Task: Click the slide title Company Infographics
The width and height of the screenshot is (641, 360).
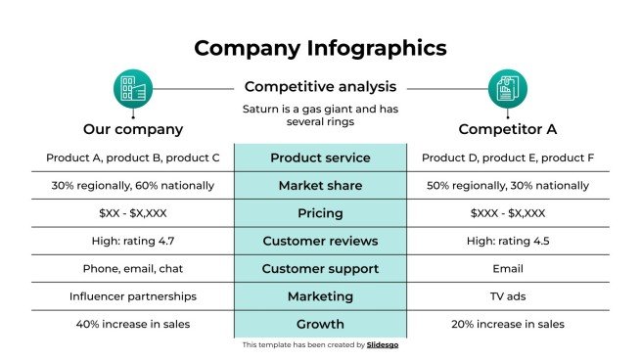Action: click(320, 48)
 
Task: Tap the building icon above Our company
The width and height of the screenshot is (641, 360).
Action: click(133, 89)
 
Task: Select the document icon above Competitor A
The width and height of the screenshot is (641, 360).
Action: click(507, 89)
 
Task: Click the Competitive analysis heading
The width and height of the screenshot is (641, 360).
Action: click(320, 86)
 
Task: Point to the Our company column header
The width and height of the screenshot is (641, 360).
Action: click(133, 129)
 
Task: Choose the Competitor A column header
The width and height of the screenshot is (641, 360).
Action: click(507, 129)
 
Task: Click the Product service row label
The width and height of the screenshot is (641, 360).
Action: click(320, 158)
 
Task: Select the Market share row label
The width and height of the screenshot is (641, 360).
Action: click(320, 186)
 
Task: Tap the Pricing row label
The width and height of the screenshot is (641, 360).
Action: click(320, 213)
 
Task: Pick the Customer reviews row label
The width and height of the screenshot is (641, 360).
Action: click(320, 241)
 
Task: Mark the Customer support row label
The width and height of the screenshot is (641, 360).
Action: click(320, 268)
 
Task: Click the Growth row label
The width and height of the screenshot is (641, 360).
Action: click(320, 324)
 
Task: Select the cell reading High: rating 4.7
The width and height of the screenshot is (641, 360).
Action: click(133, 241)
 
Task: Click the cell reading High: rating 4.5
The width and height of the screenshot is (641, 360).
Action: click(507, 241)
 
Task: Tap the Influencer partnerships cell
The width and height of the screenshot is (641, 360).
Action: click(133, 296)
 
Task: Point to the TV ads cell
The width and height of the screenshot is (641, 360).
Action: click(507, 296)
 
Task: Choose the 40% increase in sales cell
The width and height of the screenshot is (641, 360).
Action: click(133, 324)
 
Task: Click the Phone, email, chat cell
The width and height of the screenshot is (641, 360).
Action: click(133, 268)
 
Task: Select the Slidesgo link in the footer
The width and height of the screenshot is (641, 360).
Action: click(383, 345)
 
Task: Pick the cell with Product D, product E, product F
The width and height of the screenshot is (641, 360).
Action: click(507, 158)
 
